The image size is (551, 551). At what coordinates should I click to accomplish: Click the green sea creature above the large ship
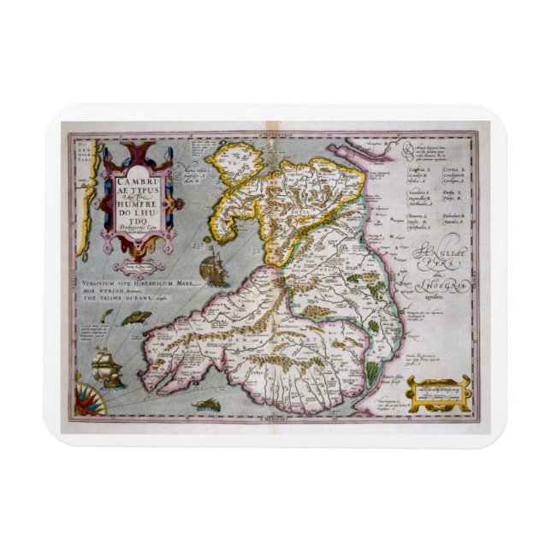132,319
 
